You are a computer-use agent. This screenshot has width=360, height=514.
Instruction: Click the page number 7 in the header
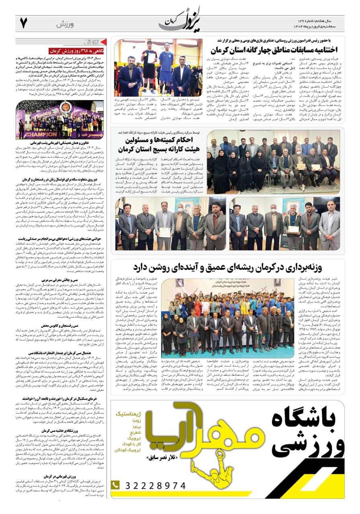coord(23,23)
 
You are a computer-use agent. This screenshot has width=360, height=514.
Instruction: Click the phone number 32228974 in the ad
coord(155,485)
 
